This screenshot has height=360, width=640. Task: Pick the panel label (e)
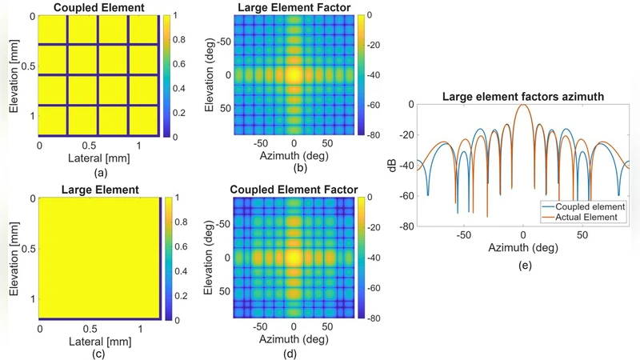point(522,265)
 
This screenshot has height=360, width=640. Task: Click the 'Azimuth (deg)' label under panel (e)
point(522,250)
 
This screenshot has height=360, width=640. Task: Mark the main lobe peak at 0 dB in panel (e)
point(522,105)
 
